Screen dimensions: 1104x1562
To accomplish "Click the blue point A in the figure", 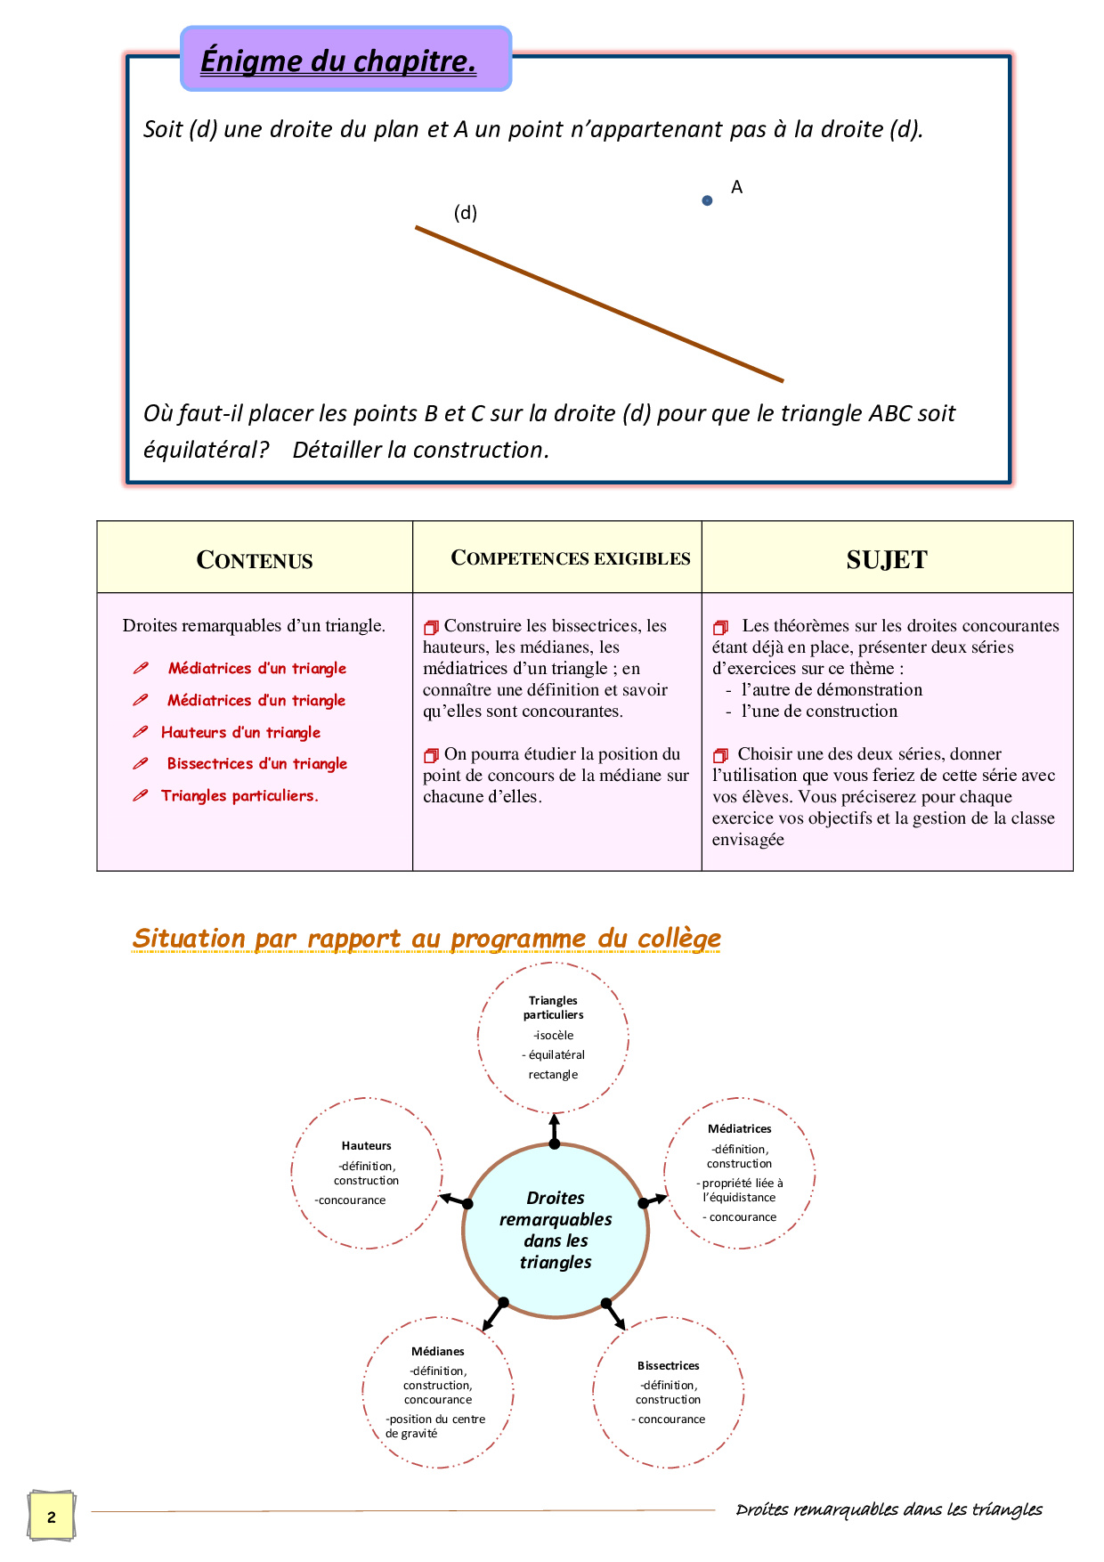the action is (707, 200).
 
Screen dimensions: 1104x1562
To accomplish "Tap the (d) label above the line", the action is (466, 213).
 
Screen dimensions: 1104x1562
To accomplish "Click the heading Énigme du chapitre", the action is (338, 61).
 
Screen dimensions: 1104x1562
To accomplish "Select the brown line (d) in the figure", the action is (599, 305).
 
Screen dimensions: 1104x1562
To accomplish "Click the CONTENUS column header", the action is (255, 560).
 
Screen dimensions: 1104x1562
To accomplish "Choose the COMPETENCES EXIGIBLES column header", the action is (571, 558).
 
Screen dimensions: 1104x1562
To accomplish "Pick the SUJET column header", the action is (887, 559).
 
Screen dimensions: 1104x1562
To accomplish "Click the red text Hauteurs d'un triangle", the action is (240, 732).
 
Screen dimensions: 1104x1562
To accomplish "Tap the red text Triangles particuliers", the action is (239, 795).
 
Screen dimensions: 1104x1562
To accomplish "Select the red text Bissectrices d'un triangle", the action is (257, 763).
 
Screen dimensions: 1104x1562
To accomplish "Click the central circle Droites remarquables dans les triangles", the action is (556, 1231).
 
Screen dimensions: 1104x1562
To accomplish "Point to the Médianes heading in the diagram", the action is (438, 1351).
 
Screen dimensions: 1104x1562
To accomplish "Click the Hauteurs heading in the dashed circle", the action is (366, 1146).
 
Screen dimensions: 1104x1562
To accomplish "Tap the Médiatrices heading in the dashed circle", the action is (740, 1128).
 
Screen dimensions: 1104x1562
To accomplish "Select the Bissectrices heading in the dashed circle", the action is (669, 1365).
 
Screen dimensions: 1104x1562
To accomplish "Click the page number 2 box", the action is (51, 1517).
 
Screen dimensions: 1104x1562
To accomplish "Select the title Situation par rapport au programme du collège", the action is (426, 938).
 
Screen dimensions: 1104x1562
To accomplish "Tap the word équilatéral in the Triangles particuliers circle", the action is (556, 1054).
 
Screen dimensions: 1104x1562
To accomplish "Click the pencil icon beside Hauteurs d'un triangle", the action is (140, 732).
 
